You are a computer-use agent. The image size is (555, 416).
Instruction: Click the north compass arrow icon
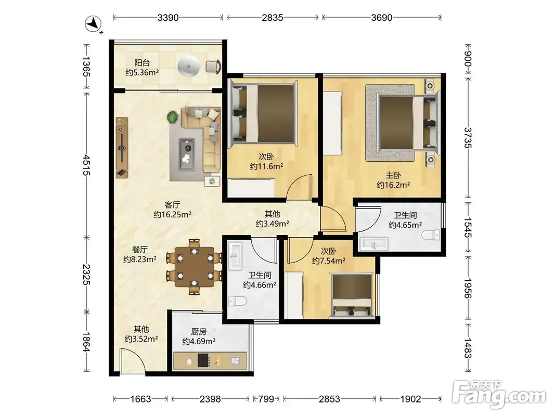click(x=93, y=24)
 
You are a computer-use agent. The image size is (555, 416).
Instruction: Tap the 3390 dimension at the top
click(x=168, y=17)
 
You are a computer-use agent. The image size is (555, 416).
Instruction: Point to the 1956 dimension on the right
click(x=468, y=288)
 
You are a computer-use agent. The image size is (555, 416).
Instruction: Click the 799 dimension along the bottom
click(x=266, y=399)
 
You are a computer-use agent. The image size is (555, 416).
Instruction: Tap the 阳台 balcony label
click(x=142, y=63)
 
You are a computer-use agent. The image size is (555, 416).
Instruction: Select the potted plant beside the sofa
click(x=173, y=117)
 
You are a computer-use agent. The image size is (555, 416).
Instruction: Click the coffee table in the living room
click(x=187, y=154)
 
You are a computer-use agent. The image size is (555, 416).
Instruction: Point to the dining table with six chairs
click(x=194, y=267)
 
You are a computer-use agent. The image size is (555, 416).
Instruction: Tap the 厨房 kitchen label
click(x=199, y=332)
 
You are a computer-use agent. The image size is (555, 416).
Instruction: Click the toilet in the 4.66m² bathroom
click(x=237, y=301)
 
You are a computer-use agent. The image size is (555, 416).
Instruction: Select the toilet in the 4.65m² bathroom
click(x=432, y=235)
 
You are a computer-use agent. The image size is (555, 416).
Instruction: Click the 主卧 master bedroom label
click(x=393, y=175)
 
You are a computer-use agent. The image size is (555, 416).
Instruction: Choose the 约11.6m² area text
click(x=266, y=166)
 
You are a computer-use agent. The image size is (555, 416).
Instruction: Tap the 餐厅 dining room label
click(x=140, y=250)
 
